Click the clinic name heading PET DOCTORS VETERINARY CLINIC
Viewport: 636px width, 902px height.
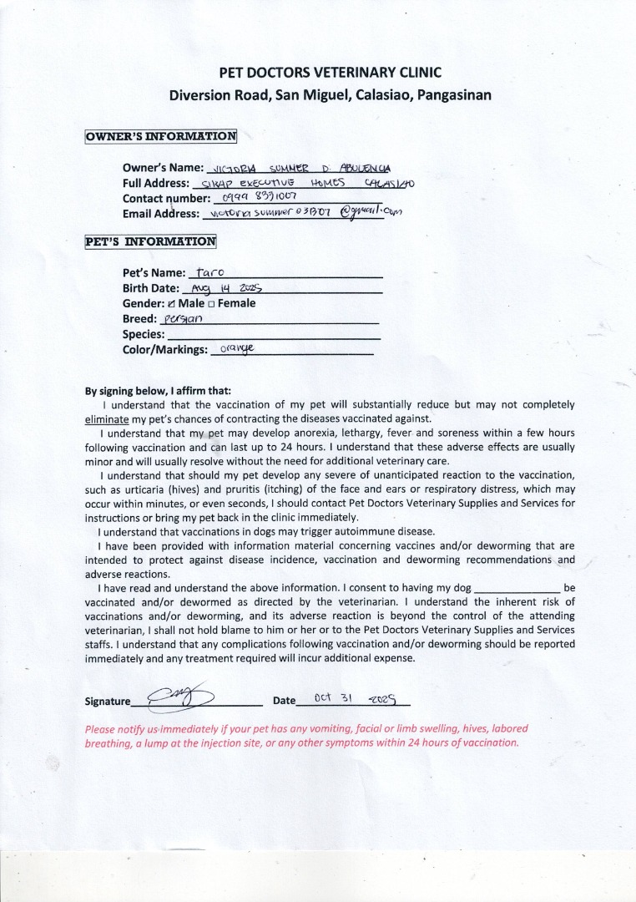click(x=330, y=73)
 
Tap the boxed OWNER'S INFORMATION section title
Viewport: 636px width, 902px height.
click(x=161, y=136)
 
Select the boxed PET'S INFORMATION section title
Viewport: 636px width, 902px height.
click(x=151, y=242)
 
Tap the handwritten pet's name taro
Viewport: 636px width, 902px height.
click(x=205, y=271)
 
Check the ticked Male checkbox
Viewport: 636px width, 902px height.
click(x=172, y=303)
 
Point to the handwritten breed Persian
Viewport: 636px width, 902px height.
click(x=183, y=318)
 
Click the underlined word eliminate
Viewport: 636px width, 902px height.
click(x=107, y=418)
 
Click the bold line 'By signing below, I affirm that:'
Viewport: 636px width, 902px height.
click(x=159, y=390)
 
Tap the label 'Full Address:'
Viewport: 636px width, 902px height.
click(x=156, y=182)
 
